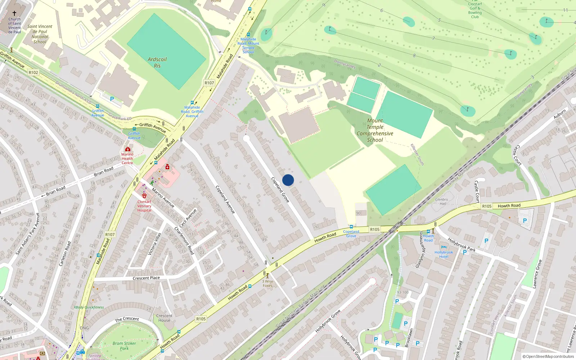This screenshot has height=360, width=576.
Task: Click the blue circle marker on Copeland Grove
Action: coord(288,180)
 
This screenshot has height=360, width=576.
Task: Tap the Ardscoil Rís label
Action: coord(157,63)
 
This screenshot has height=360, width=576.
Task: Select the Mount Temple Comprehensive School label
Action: coord(375,130)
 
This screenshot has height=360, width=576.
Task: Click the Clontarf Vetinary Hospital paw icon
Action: coord(144,195)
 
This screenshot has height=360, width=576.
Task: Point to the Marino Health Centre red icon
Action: coord(127,149)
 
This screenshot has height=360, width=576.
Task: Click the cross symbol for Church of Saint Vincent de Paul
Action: coord(14,13)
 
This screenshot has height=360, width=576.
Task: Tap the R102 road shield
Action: coord(33,72)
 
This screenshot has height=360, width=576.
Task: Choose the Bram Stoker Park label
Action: coord(124,346)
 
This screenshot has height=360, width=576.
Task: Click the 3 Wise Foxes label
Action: coord(267,284)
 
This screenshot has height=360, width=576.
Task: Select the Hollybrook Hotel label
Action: coord(444,255)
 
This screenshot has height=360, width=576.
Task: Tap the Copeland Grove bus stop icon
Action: coord(351,227)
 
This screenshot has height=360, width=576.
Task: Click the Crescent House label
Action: coord(164,318)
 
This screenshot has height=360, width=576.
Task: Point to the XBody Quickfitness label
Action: coord(89,307)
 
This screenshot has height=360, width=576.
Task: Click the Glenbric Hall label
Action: coord(442,202)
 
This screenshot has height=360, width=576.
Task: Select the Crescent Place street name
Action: coord(146,278)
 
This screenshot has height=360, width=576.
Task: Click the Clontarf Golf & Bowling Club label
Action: coord(475,10)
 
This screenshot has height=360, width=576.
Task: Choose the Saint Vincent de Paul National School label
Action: coord(40,34)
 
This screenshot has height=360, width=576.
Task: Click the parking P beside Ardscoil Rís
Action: coord(112,99)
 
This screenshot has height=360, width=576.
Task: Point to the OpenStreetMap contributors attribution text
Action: coord(548,356)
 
